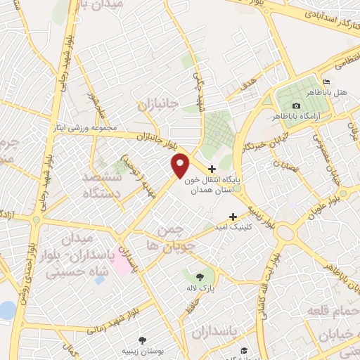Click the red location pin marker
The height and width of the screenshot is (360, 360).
coord(181,165)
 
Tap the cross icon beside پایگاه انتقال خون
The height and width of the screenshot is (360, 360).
coord(212,169)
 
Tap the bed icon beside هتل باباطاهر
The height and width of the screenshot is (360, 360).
coord(325,82)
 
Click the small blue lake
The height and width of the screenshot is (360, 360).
coord(6,309)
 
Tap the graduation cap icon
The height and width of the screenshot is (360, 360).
coord(243,349)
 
